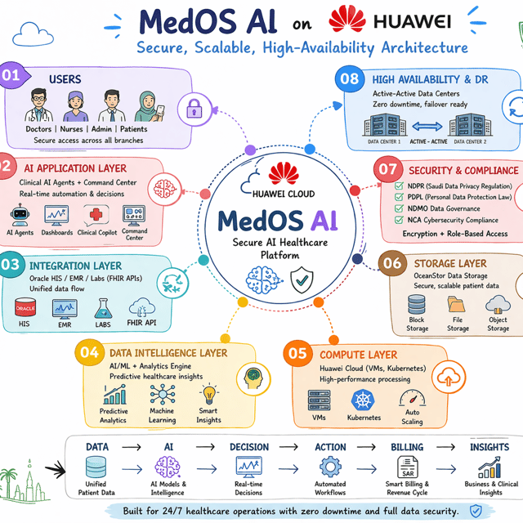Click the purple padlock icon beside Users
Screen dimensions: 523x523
(x=194, y=109)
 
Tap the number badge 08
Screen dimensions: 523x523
(x=349, y=78)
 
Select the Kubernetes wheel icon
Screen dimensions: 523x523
(x=363, y=400)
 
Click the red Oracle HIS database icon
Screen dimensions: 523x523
(x=25, y=307)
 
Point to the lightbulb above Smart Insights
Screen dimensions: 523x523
(x=209, y=394)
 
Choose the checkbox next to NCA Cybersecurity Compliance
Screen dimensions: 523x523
(x=399, y=220)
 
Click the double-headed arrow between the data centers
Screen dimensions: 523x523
(x=427, y=127)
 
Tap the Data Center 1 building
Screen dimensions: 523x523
(x=385, y=124)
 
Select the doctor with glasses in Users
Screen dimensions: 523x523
(x=38, y=105)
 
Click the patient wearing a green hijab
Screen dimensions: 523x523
(x=149, y=106)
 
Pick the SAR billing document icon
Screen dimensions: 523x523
(x=407, y=467)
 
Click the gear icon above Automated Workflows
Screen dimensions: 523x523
(x=330, y=467)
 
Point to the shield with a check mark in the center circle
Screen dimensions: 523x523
(x=302, y=279)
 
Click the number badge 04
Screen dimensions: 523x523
(x=89, y=352)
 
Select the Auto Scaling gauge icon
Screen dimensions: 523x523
(x=412, y=398)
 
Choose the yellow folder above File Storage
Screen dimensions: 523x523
(x=456, y=304)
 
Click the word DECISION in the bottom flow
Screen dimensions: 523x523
(x=249, y=447)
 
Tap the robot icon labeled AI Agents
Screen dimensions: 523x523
(x=20, y=215)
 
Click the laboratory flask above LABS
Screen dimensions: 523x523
(x=103, y=308)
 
